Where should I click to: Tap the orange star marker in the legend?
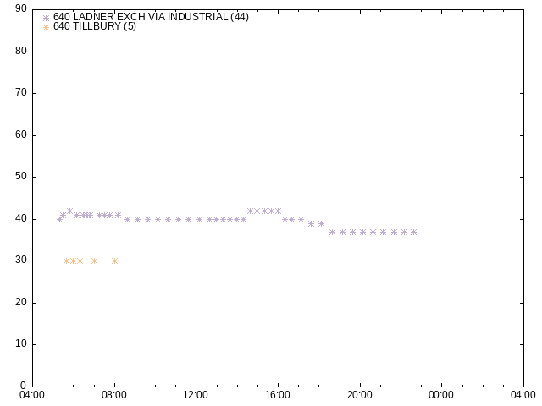[x=46, y=28]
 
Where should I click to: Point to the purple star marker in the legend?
[x=46, y=19]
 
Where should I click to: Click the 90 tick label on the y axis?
[x=21, y=8]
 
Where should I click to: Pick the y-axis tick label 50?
[x=21, y=176]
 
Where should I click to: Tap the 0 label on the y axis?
[x=23, y=386]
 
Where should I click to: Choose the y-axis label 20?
[x=21, y=302]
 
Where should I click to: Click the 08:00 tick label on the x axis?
[x=114, y=395]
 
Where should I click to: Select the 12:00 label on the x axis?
[x=196, y=395]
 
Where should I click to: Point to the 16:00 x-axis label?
[x=278, y=395]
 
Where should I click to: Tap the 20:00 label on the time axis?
[x=359, y=395]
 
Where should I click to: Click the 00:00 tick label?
[x=441, y=395]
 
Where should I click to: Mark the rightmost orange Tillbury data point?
[x=115, y=261]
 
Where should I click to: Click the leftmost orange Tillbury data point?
[x=66, y=261]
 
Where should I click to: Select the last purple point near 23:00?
[x=413, y=233]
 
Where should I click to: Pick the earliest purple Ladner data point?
[x=59, y=220]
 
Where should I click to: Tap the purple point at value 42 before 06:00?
[x=69, y=211]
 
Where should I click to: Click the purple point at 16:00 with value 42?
[x=278, y=211]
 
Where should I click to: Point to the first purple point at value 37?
[x=332, y=233]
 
